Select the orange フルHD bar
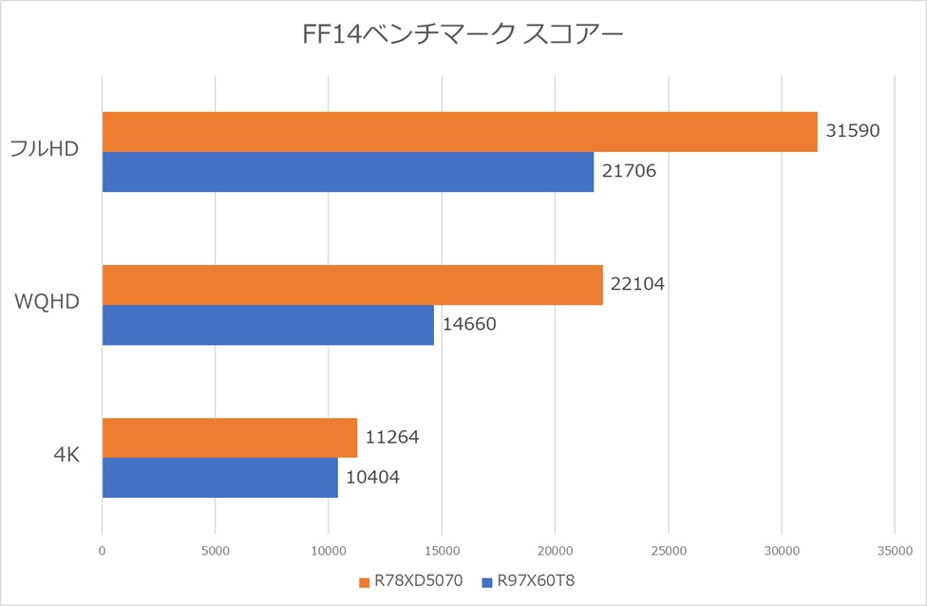pyautogui.click(x=460, y=132)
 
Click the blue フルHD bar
pyautogui.click(x=348, y=172)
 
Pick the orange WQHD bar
pyautogui.click(x=352, y=285)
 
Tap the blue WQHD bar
pyautogui.click(x=268, y=325)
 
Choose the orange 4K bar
pyautogui.click(x=230, y=438)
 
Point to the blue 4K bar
pyautogui.click(x=219, y=478)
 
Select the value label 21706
pyautogui.click(x=629, y=171)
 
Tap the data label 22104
pyautogui.click(x=638, y=283)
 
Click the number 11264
pyautogui.click(x=392, y=437)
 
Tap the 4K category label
pyautogui.click(x=66, y=456)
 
